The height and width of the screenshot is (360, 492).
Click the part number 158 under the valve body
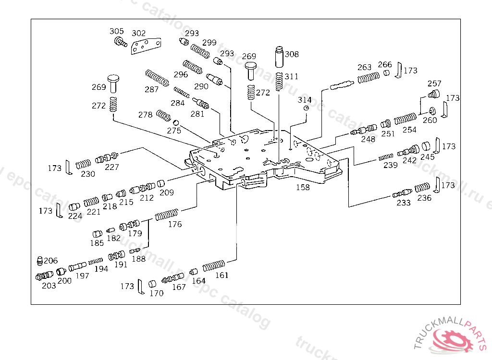click(303, 188)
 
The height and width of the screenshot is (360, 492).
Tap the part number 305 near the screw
click(116, 32)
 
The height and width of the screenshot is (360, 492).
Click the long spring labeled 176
click(167, 215)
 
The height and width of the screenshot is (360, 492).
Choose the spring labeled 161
click(214, 265)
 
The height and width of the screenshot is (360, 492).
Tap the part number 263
click(365, 68)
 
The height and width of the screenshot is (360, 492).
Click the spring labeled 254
click(405, 118)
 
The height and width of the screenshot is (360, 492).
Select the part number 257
click(434, 84)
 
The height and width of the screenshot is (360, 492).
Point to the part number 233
click(404, 203)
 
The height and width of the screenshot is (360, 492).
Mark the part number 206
click(50, 261)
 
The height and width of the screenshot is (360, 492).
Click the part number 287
click(151, 89)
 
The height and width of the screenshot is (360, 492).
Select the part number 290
click(201, 86)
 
